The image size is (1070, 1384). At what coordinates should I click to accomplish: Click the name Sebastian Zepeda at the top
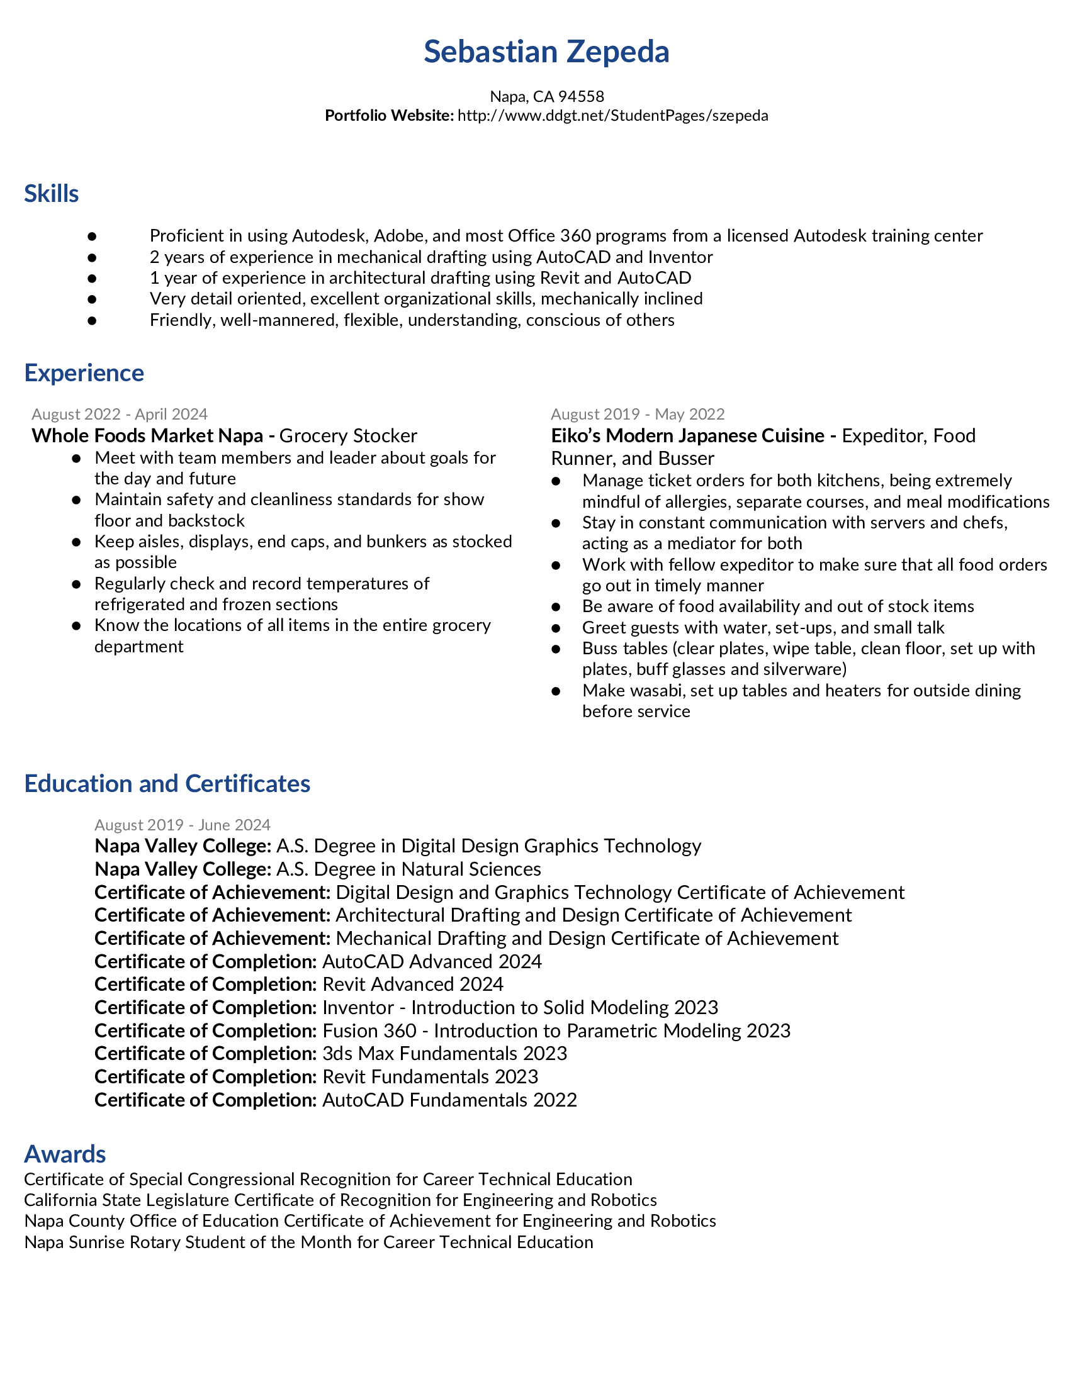[546, 52]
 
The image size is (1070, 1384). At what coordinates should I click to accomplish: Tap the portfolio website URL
[612, 115]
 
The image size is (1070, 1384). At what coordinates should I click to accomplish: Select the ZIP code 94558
[582, 96]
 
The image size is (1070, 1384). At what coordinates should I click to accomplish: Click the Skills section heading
[52, 194]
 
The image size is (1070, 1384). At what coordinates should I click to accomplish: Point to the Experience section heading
[84, 373]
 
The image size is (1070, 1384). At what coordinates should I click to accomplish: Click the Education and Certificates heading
[167, 784]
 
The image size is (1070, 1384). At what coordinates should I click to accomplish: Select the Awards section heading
[65, 1154]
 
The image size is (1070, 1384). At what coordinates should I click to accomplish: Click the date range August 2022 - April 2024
[120, 414]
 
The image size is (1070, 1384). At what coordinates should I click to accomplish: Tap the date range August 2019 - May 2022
[638, 414]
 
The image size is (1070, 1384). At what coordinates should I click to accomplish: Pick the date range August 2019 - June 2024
[183, 825]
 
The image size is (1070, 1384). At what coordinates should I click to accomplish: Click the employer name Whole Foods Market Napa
[147, 436]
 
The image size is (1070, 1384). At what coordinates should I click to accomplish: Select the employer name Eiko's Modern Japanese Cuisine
[688, 436]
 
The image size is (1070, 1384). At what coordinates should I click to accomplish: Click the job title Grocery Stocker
[348, 436]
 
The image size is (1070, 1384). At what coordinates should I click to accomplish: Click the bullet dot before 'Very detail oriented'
[92, 299]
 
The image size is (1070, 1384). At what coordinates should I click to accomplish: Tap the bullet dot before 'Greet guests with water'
[556, 628]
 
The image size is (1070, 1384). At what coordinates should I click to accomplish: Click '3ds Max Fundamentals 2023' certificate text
[444, 1053]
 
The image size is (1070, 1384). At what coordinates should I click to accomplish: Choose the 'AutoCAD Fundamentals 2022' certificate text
[449, 1100]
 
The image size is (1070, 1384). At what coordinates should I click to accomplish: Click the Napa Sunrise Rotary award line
[308, 1242]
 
